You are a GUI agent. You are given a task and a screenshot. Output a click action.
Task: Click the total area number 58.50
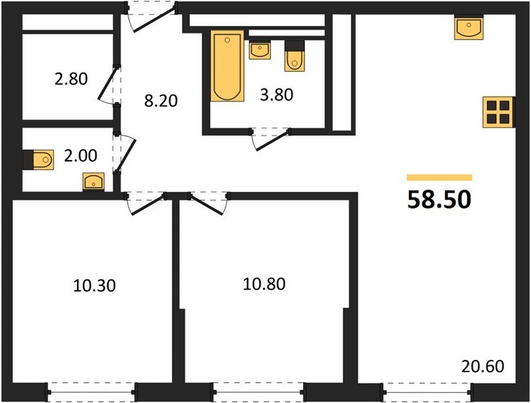(439, 199)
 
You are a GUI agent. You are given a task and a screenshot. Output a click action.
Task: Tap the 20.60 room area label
(483, 366)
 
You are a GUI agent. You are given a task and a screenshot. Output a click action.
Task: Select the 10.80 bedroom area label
(264, 284)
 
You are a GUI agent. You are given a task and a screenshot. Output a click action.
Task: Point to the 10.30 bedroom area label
(95, 285)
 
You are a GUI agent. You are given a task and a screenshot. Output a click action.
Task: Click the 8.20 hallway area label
(161, 101)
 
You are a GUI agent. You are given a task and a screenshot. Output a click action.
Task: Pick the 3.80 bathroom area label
(276, 95)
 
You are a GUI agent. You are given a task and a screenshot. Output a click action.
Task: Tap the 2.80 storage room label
(71, 79)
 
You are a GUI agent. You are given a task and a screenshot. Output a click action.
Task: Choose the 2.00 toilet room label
(80, 156)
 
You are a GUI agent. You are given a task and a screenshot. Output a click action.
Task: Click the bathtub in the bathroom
(227, 66)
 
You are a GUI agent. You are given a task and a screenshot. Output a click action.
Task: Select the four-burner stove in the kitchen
(499, 112)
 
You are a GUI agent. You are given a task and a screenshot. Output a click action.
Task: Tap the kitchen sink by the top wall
(469, 28)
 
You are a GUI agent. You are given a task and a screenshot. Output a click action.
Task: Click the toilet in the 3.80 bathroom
(294, 56)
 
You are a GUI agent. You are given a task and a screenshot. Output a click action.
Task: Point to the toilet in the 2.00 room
(39, 159)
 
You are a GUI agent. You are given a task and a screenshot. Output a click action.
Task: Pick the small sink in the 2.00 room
(93, 182)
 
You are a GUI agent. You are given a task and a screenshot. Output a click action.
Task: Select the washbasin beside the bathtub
(259, 50)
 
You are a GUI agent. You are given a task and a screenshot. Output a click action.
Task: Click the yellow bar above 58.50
(439, 177)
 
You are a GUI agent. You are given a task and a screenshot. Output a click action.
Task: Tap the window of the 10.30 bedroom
(91, 392)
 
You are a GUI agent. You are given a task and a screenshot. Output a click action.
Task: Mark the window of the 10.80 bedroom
(258, 392)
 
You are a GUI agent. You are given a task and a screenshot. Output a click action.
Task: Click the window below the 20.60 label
(427, 392)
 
